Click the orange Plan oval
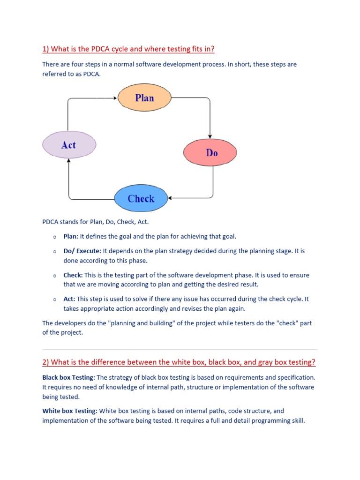[x=144, y=97]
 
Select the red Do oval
[x=210, y=152]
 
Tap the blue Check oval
[x=141, y=198]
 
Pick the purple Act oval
[x=69, y=145]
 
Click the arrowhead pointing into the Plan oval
[x=115, y=98]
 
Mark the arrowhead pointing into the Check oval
[x=170, y=198]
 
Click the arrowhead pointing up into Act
[x=69, y=161]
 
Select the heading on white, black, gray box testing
[x=179, y=362]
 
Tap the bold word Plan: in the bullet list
[x=71, y=237]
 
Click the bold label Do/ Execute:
[x=82, y=251]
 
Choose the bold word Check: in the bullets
[x=73, y=275]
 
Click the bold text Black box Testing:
[x=68, y=377]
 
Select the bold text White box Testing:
[x=70, y=411]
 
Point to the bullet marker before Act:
[x=55, y=299]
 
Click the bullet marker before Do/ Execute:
[x=55, y=251]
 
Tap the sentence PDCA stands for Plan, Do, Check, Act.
[x=96, y=222]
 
